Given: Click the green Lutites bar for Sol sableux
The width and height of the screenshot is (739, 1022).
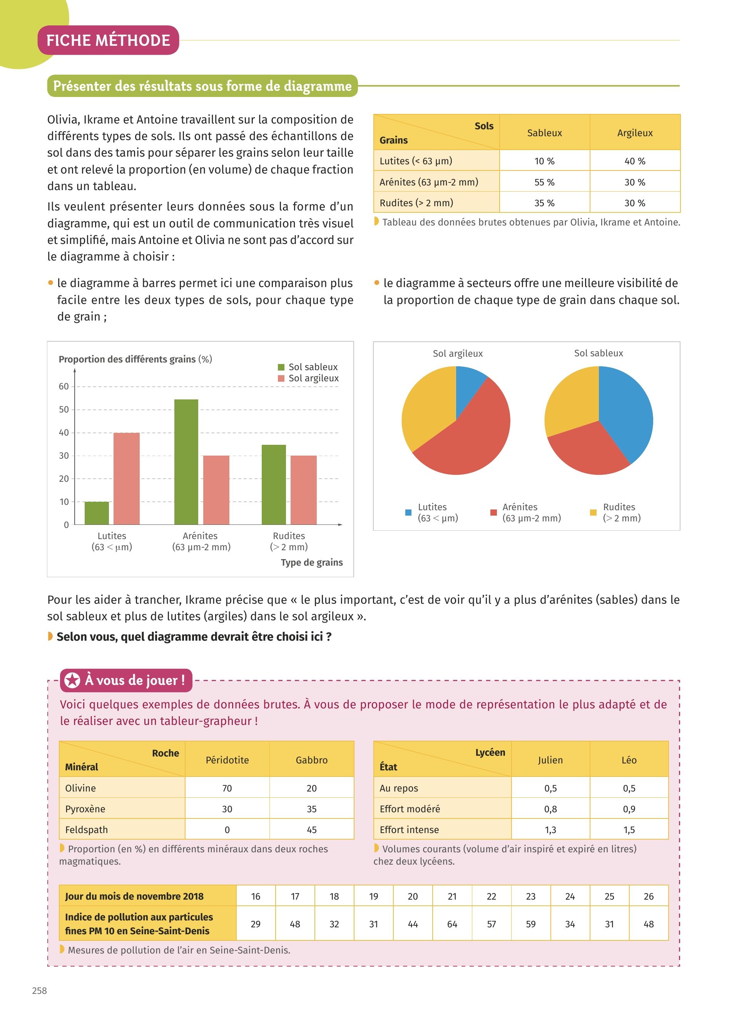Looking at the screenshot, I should (97, 513).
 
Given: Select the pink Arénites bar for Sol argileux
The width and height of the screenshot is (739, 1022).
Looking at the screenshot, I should (216, 490).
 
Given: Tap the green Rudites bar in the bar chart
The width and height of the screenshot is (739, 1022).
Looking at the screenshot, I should (274, 484).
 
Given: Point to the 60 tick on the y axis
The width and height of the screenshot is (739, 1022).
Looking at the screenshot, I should (64, 386).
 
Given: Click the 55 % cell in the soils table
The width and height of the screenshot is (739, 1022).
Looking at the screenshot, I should (544, 182).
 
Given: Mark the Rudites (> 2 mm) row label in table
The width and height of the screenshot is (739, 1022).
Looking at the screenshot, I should (416, 203).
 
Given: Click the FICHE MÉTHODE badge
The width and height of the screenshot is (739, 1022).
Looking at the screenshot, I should (108, 40).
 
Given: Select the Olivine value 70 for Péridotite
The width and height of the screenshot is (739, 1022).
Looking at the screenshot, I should (227, 788).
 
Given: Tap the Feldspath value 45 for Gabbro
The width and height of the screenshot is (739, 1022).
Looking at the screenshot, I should (311, 830).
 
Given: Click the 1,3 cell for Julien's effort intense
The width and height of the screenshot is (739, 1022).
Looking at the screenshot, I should (550, 830).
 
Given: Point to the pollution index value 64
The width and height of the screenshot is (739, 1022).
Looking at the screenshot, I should (452, 924).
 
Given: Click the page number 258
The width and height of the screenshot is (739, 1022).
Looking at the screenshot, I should (39, 990).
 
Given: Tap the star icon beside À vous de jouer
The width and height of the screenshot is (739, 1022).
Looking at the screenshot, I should (72, 680).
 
